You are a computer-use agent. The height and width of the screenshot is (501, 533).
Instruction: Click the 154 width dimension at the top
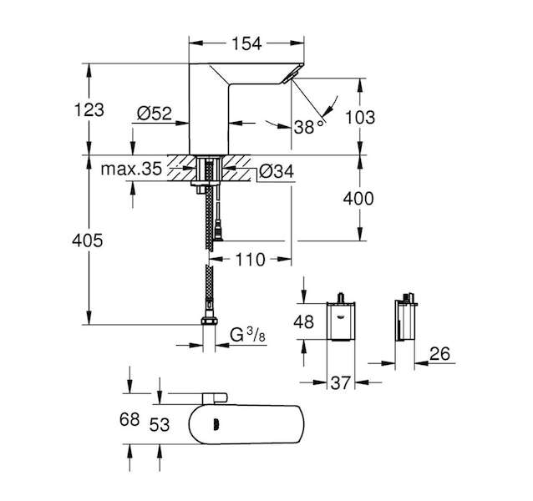246,43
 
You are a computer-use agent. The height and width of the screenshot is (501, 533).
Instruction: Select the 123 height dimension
89,109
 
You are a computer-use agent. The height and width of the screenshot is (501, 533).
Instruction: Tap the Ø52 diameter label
155,114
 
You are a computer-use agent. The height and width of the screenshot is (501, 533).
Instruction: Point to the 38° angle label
308,127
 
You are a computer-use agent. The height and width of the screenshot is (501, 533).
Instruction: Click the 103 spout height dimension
360,118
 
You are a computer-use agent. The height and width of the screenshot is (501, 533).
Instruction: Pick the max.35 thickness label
131,169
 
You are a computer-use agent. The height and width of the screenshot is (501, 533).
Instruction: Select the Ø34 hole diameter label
276,171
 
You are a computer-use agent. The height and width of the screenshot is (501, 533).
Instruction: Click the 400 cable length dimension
358,199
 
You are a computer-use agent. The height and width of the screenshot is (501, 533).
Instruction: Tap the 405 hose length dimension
88,240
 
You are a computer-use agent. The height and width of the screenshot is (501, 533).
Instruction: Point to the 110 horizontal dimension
250,260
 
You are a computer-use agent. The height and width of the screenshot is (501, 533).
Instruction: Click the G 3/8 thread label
247,335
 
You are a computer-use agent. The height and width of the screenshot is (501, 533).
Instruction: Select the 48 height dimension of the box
303,321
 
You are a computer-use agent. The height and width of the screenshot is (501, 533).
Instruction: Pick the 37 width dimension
340,383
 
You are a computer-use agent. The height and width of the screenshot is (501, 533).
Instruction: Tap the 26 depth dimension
439,353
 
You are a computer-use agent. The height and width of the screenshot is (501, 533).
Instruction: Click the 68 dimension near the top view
129,419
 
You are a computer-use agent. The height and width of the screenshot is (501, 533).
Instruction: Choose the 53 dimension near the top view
160,424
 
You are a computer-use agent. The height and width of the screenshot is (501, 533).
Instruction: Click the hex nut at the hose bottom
210,321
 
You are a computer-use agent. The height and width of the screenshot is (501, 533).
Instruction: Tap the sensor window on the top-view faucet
215,424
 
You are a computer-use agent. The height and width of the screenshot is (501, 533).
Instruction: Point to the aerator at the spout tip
292,74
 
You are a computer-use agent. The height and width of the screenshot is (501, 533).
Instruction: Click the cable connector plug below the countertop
218,230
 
